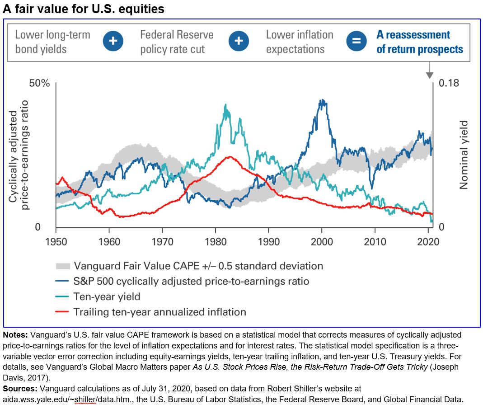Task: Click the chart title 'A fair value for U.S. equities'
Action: [84, 9]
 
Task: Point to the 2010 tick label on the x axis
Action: [375, 241]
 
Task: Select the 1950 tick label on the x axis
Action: [56, 241]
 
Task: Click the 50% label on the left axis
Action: [40, 84]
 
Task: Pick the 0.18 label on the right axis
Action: [449, 84]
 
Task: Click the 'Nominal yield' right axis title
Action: [464, 155]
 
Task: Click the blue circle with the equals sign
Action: [356, 41]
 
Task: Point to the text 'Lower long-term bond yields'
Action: [52, 42]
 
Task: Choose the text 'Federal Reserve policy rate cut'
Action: [177, 42]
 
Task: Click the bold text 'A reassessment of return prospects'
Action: [420, 42]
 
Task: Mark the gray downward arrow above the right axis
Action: [429, 73]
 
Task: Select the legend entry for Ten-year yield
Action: [107, 296]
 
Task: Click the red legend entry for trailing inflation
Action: [159, 312]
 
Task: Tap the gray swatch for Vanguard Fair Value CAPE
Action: [63, 266]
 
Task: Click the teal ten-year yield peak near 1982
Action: [225, 105]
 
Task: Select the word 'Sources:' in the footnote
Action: [21, 388]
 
